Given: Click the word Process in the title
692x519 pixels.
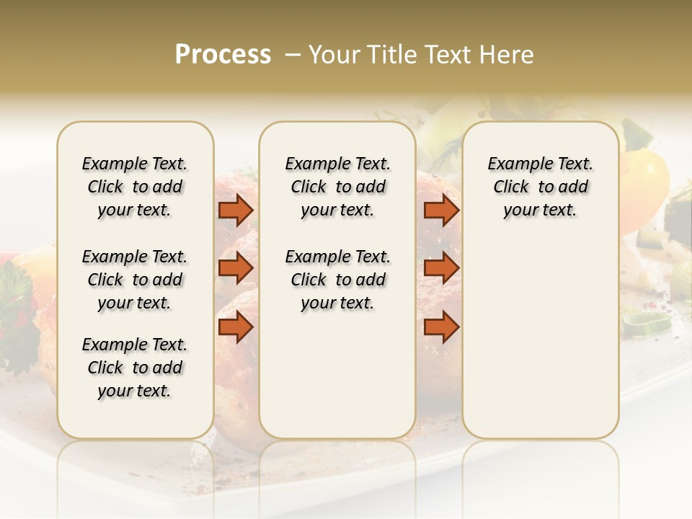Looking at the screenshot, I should pyautogui.click(x=223, y=55).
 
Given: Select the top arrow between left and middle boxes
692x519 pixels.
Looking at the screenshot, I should pyautogui.click(x=236, y=210).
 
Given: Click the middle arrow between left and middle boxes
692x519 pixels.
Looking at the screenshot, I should pyautogui.click(x=236, y=268).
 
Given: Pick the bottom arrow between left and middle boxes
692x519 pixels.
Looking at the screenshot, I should pyautogui.click(x=236, y=328).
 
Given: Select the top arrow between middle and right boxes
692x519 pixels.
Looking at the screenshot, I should pyautogui.click(x=441, y=210).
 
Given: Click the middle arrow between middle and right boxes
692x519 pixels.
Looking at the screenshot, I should pyautogui.click(x=441, y=268).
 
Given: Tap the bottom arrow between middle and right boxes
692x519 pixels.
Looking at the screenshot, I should pyautogui.click(x=441, y=328).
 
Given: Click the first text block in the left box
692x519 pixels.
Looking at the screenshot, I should pyautogui.click(x=135, y=187).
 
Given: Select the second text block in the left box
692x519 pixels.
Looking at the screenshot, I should pyautogui.click(x=135, y=280).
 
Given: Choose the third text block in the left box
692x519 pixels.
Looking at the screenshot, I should pyautogui.click(x=135, y=368).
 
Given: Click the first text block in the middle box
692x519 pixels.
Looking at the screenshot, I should pyautogui.click(x=337, y=187).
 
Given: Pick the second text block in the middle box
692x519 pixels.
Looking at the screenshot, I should pyautogui.click(x=337, y=280).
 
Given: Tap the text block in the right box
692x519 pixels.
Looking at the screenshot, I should pyautogui.click(x=540, y=187).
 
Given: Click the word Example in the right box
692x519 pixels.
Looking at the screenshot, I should pyautogui.click(x=514, y=164).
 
